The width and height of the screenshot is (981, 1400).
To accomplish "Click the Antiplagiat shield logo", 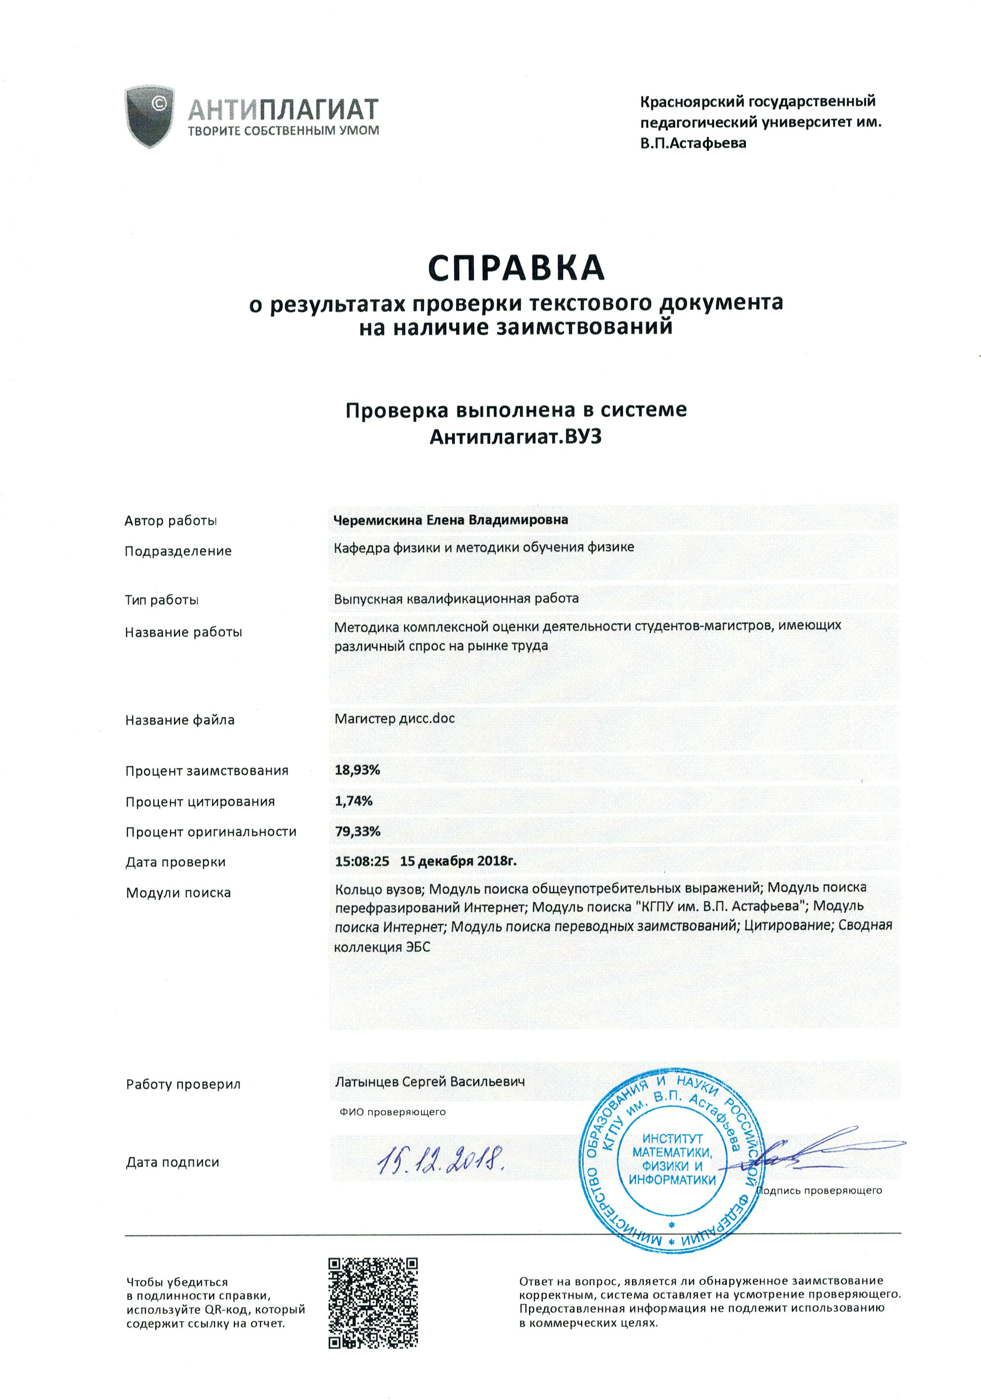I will pos(150,116).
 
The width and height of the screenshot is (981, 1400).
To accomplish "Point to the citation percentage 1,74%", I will pos(353,801).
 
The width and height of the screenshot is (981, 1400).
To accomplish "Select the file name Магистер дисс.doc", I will pos(394,718).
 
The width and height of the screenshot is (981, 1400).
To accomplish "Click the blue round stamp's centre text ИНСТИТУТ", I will pos(672,1138).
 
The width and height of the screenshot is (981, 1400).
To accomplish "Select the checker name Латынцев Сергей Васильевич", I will pos(429,1081).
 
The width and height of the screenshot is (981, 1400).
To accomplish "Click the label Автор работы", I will pos(171,521).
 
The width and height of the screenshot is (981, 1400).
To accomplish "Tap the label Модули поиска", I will pos(178,893).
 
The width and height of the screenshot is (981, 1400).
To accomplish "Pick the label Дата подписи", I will pos(173,1162).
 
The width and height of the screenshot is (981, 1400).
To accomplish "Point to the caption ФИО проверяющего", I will pos(392,1112).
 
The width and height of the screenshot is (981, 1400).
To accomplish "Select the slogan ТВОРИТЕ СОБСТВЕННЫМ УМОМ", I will pos(283,130).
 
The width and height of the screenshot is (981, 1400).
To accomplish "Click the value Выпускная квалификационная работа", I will pos(456,598).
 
